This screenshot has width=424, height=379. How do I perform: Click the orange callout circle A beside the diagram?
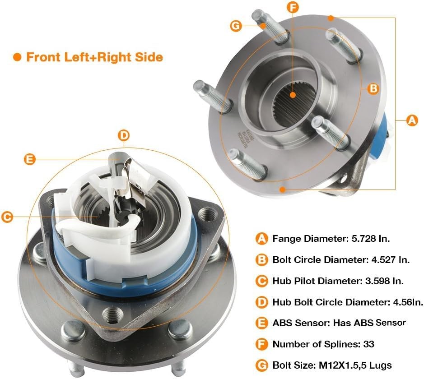coord(411,120)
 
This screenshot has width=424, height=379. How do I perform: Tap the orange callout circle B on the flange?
coord(373,89)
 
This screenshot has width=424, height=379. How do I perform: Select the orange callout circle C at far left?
coord(6,217)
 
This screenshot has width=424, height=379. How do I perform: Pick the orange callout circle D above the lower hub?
coord(124,135)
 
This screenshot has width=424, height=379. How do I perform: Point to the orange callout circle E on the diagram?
coord(29,158)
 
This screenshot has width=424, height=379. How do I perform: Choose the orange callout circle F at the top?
coord(293,8)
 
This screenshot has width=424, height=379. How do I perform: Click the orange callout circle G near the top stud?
coord(236,26)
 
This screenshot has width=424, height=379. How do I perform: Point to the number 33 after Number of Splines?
coord(368,344)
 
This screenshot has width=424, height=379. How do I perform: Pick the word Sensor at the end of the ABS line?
coord(391,323)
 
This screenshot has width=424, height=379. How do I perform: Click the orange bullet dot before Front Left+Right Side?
coord(18,57)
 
